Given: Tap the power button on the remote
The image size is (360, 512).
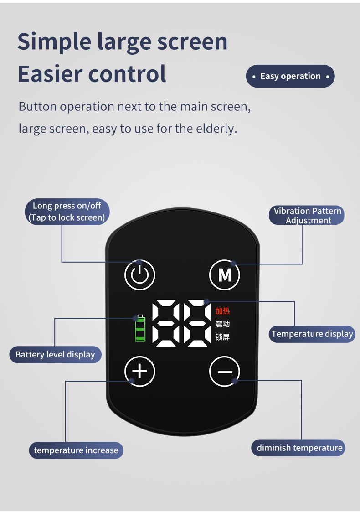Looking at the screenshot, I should point(140,275).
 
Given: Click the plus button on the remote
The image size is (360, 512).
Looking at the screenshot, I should point(140,371).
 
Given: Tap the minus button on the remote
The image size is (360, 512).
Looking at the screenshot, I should point(225,372).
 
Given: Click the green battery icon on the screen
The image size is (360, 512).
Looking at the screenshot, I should point(140,328).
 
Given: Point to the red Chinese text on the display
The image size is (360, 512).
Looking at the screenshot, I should point(222,311).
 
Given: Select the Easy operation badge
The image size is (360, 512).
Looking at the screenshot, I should point(290,76).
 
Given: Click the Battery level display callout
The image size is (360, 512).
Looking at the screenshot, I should point(55,354).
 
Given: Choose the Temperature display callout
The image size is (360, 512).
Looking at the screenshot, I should point(312,334).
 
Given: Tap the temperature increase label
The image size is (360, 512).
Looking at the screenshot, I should point(76,450).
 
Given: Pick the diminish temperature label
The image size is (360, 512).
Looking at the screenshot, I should point(299,448).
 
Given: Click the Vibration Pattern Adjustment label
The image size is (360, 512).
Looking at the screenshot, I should point(308,215).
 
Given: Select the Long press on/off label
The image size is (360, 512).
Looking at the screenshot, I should point(67,212).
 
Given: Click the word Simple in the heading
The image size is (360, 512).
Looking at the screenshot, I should point(54,42).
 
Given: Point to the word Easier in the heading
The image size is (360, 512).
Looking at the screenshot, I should point(49,73).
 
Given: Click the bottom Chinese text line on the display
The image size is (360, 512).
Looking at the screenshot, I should point(222,337).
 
